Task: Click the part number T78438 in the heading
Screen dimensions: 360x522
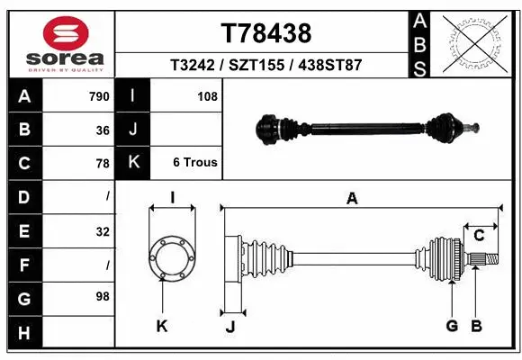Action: point(265,33)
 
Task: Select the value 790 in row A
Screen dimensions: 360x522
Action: point(98,96)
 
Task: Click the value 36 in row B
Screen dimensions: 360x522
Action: point(103,130)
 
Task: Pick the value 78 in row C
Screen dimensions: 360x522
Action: point(103,164)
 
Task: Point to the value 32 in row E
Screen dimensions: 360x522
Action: point(103,231)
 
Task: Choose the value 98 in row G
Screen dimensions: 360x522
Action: point(103,296)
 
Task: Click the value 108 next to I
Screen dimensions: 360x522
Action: point(207,96)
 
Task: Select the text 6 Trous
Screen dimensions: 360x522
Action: point(194,163)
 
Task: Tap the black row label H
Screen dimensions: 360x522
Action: point(23,333)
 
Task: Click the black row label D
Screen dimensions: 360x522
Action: point(23,196)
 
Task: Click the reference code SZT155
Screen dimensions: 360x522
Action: point(265,67)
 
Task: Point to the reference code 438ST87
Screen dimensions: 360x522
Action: point(331,67)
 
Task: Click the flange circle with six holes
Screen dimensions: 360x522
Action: point(171,256)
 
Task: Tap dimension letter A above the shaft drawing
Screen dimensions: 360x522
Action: point(352,199)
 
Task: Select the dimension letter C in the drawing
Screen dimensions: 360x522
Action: point(480,236)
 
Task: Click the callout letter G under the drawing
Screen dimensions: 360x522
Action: point(452,326)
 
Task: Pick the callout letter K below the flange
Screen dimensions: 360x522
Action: point(162,326)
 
